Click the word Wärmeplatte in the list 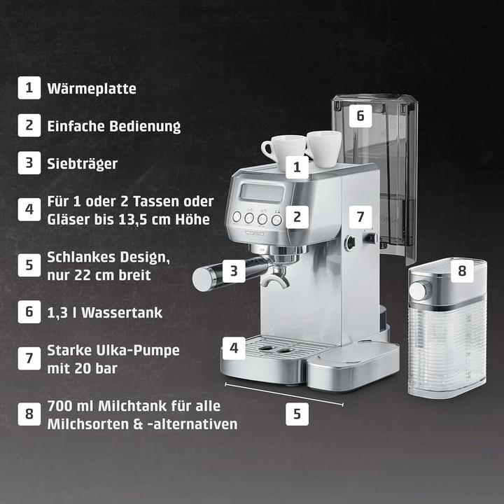pos(92,89)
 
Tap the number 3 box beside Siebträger pos(29,163)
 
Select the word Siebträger pos(82,163)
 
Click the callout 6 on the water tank pos(360,115)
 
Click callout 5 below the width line pos(297,414)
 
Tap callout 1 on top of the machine pos(297,167)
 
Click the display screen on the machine pos(260,193)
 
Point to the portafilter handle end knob pos(203,278)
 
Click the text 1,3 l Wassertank pos(104,312)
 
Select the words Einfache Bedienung pos(113,126)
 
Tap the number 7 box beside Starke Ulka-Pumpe pos(29,358)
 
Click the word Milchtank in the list pos(127,406)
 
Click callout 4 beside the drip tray pos(234,346)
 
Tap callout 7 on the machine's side pos(360,216)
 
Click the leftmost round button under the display pos(238,218)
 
